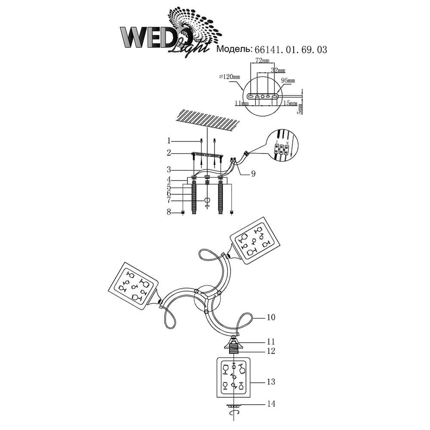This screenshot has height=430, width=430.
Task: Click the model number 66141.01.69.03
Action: [291, 49]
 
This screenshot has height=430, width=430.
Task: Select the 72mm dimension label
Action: [262, 61]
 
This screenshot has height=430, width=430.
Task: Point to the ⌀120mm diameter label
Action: [230, 77]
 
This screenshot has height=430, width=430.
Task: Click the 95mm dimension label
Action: [288, 80]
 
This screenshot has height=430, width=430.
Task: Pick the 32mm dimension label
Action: [278, 70]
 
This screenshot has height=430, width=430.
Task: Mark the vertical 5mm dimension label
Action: [301, 109]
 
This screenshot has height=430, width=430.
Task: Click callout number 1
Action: [169, 141]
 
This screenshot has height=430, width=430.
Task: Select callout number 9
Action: [253, 174]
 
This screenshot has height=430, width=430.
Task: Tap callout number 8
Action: [169, 212]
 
